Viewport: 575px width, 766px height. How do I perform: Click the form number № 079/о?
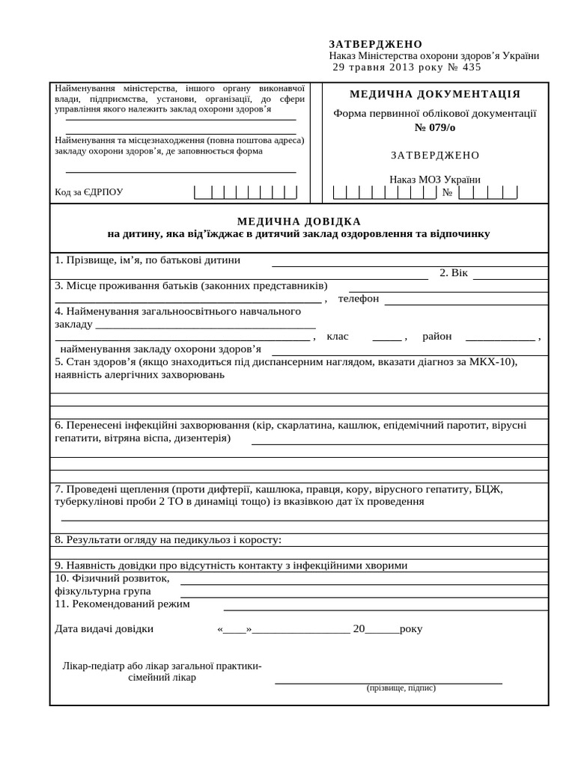click(x=434, y=127)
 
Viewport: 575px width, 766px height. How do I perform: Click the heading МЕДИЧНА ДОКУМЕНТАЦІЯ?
click(x=435, y=94)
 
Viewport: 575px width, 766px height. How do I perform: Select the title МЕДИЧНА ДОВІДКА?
click(x=299, y=221)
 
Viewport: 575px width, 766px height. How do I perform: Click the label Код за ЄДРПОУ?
click(x=89, y=192)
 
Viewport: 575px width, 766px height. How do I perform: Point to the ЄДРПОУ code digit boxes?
click(x=246, y=192)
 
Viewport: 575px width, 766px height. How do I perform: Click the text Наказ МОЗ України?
click(x=434, y=180)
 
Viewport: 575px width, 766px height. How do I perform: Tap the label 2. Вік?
click(x=454, y=272)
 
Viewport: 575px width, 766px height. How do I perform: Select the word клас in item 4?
click(x=338, y=337)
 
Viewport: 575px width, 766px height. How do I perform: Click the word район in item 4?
click(x=437, y=337)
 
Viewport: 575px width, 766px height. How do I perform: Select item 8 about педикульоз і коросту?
click(x=168, y=539)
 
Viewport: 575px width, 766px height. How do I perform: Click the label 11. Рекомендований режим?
click(x=122, y=604)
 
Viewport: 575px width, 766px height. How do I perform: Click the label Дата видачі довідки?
click(x=104, y=628)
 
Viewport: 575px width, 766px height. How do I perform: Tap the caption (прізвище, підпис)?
click(x=401, y=687)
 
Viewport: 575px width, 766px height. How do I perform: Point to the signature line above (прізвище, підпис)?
click(x=388, y=682)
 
